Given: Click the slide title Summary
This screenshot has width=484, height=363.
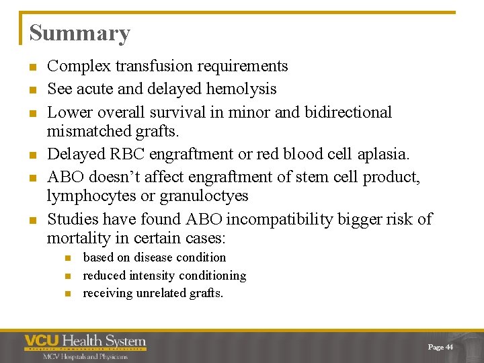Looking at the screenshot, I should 79,34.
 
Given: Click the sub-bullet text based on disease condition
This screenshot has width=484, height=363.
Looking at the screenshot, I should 154,257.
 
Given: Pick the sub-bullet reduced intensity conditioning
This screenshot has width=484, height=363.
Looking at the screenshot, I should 164,276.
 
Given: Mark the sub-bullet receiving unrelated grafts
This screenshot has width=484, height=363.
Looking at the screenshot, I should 153,293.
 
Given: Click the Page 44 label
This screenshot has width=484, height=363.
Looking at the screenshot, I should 440,347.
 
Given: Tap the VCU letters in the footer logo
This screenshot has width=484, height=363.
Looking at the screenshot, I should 42,342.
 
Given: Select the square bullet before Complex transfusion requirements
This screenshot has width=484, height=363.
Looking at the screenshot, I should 32,67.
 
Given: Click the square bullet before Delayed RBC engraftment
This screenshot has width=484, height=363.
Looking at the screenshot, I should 32,155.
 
